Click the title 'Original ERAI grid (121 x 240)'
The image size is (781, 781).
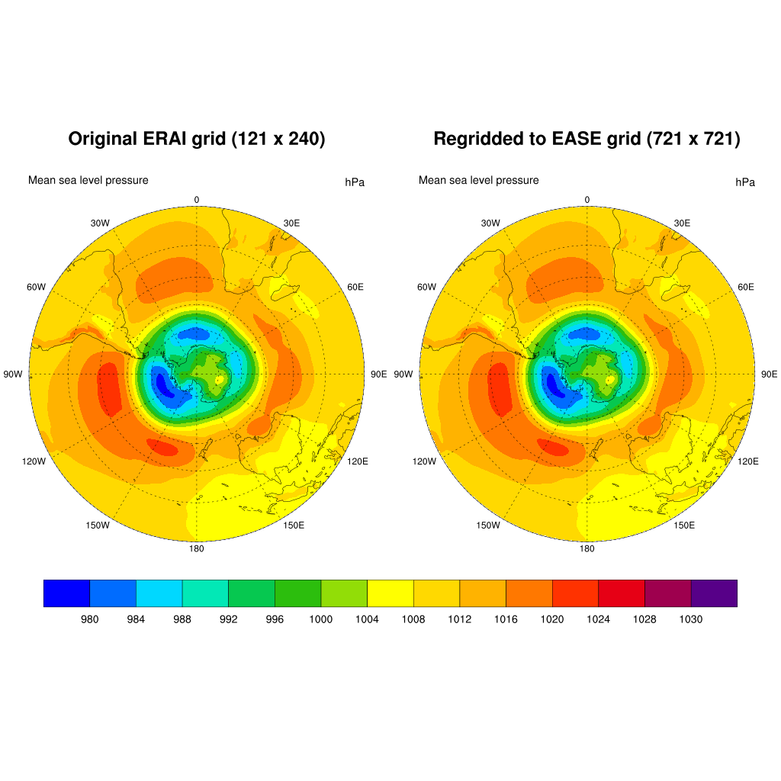197,139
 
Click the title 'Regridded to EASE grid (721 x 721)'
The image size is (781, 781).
587,139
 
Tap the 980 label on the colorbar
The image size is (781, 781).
90,619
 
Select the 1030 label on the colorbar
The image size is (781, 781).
691,619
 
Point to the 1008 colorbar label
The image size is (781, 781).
413,619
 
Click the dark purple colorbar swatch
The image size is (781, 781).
714,593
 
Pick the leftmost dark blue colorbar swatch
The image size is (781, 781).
67,593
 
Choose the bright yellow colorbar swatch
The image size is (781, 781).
390,593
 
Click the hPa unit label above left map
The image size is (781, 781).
355,182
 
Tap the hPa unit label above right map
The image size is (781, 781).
745,182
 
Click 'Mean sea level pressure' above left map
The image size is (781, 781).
88,180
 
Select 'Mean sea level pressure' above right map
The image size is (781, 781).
478,180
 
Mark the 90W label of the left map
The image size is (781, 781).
14,374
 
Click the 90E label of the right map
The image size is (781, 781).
770,374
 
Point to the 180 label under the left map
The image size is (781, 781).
197,548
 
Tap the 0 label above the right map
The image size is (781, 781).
587,200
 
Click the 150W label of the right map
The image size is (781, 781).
488,525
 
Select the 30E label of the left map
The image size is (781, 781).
291,223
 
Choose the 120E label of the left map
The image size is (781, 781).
358,461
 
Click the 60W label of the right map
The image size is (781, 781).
426,287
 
